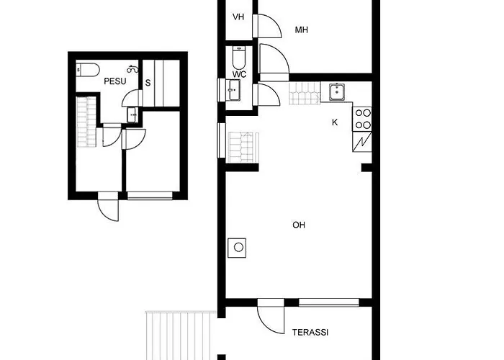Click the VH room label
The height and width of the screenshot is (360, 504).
pos(238,17)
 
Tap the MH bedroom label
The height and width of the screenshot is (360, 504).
pos(302,30)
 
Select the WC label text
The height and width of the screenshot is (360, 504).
pos(240,75)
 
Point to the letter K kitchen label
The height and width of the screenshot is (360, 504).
pos(335,122)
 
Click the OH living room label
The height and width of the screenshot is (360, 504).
pos(299,225)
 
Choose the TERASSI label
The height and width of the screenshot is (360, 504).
pos(310,333)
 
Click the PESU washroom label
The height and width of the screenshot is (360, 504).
pos(115,81)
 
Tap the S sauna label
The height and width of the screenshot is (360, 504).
pos(148,83)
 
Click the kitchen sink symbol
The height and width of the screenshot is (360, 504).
pos(337,92)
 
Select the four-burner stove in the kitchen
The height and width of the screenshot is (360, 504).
pos(362,119)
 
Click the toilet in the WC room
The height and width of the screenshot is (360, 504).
pos(238,58)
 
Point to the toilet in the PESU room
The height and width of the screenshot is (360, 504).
pos(88,70)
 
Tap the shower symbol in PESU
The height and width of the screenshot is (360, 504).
pos(132,69)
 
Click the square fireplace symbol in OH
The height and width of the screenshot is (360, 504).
pos(237,248)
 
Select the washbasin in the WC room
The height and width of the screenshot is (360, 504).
pos(234,90)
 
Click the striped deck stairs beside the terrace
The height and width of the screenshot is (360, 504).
pos(181,336)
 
